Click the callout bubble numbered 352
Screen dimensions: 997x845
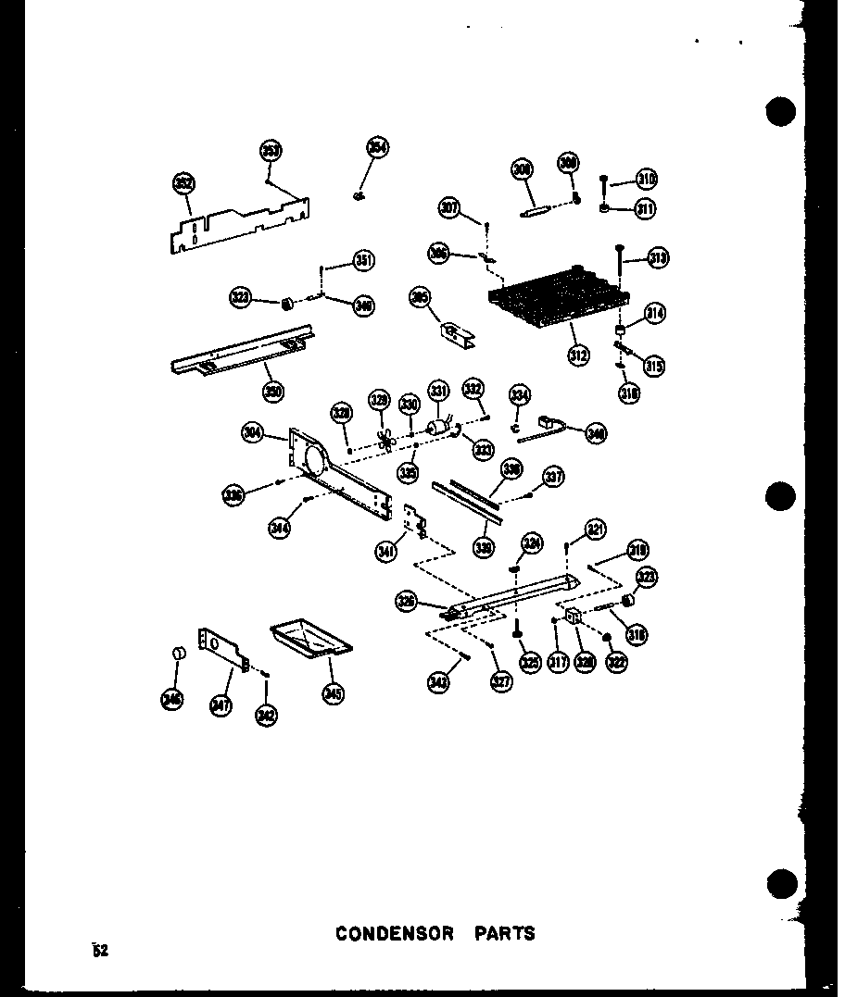pyautogui.click(x=183, y=183)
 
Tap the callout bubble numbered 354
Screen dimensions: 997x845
pyautogui.click(x=378, y=147)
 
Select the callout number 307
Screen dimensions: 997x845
pyautogui.click(x=450, y=208)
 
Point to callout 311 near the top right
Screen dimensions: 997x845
pyautogui.click(x=645, y=209)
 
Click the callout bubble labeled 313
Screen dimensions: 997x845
pyautogui.click(x=659, y=258)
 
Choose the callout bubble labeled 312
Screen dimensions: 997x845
pyautogui.click(x=579, y=355)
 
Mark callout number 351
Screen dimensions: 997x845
pyautogui.click(x=363, y=262)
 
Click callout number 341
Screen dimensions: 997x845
pyautogui.click(x=385, y=553)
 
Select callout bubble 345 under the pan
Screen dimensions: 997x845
pyautogui.click(x=332, y=691)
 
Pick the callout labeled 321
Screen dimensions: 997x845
pyautogui.click(x=595, y=530)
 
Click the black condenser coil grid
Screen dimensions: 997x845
pyautogui.click(x=556, y=298)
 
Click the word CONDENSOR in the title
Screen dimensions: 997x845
pyautogui.click(x=395, y=933)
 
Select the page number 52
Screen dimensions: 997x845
pyautogui.click(x=100, y=949)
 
